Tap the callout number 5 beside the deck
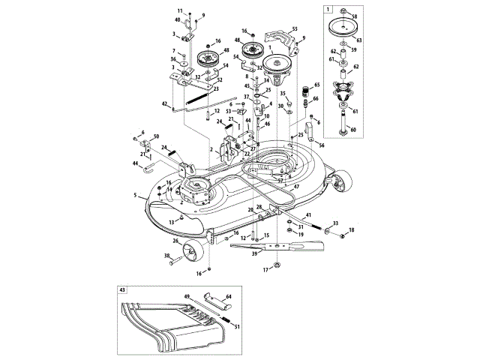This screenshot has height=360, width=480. (x=135, y=195)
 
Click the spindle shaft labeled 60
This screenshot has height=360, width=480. (x=343, y=120)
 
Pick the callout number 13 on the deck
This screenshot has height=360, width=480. (x=171, y=222)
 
